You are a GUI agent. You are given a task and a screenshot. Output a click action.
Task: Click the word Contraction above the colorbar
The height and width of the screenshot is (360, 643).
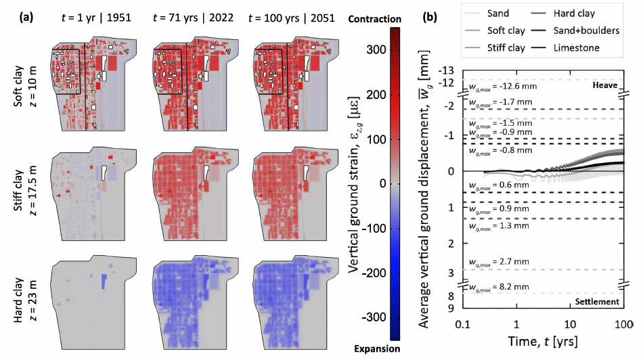(x=376, y=19)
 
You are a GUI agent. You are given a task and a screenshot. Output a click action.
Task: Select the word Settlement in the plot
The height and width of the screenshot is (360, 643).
(x=596, y=301)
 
